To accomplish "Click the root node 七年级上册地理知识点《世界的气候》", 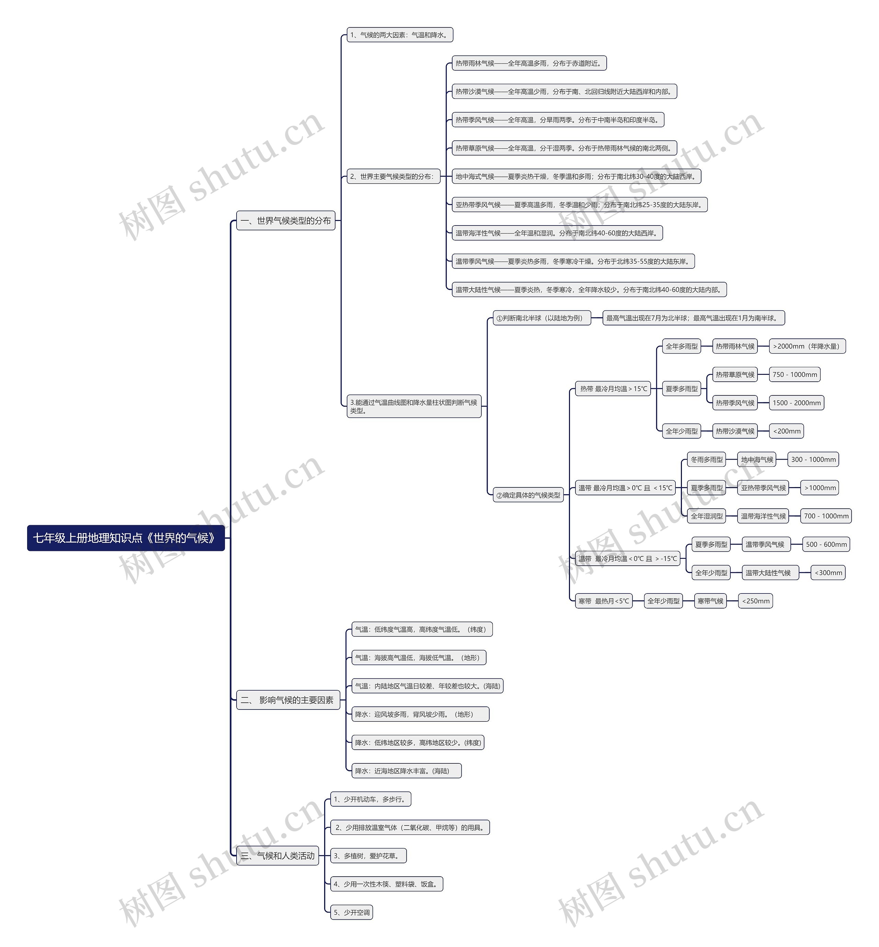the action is [x=126, y=538].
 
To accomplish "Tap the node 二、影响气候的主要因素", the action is [x=288, y=700].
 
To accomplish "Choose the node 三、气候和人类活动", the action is [x=277, y=856].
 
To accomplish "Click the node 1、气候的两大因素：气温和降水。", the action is [x=400, y=35].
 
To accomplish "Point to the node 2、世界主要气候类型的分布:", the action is [x=393, y=176].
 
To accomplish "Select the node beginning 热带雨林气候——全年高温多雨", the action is [x=529, y=63].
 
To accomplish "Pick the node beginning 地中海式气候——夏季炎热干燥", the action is [x=576, y=176].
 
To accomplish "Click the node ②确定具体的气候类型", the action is [x=528, y=495].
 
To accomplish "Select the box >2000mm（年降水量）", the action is [x=807, y=346].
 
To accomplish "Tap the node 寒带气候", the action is [x=710, y=601].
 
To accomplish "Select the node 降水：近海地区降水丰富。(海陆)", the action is [x=406, y=771].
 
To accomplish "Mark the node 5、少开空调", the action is [x=352, y=912].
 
